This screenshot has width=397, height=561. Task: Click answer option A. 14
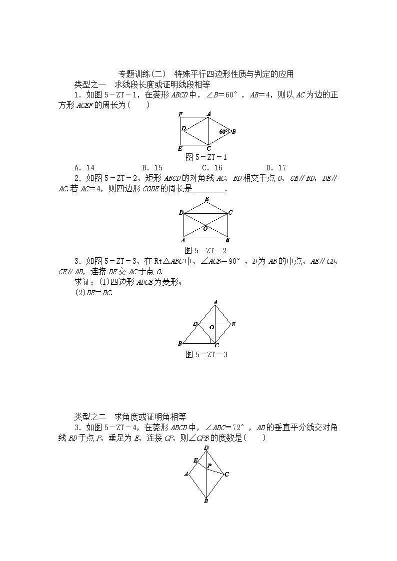click(84, 168)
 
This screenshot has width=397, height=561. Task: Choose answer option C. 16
click(212, 168)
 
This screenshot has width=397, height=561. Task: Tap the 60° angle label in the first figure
click(223, 131)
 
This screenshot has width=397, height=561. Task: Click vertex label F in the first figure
click(180, 114)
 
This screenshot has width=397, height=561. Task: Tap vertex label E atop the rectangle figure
click(206, 200)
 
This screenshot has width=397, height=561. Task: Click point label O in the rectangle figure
click(205, 228)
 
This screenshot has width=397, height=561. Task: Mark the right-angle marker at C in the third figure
click(213, 341)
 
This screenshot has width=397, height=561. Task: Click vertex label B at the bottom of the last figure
click(206, 501)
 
